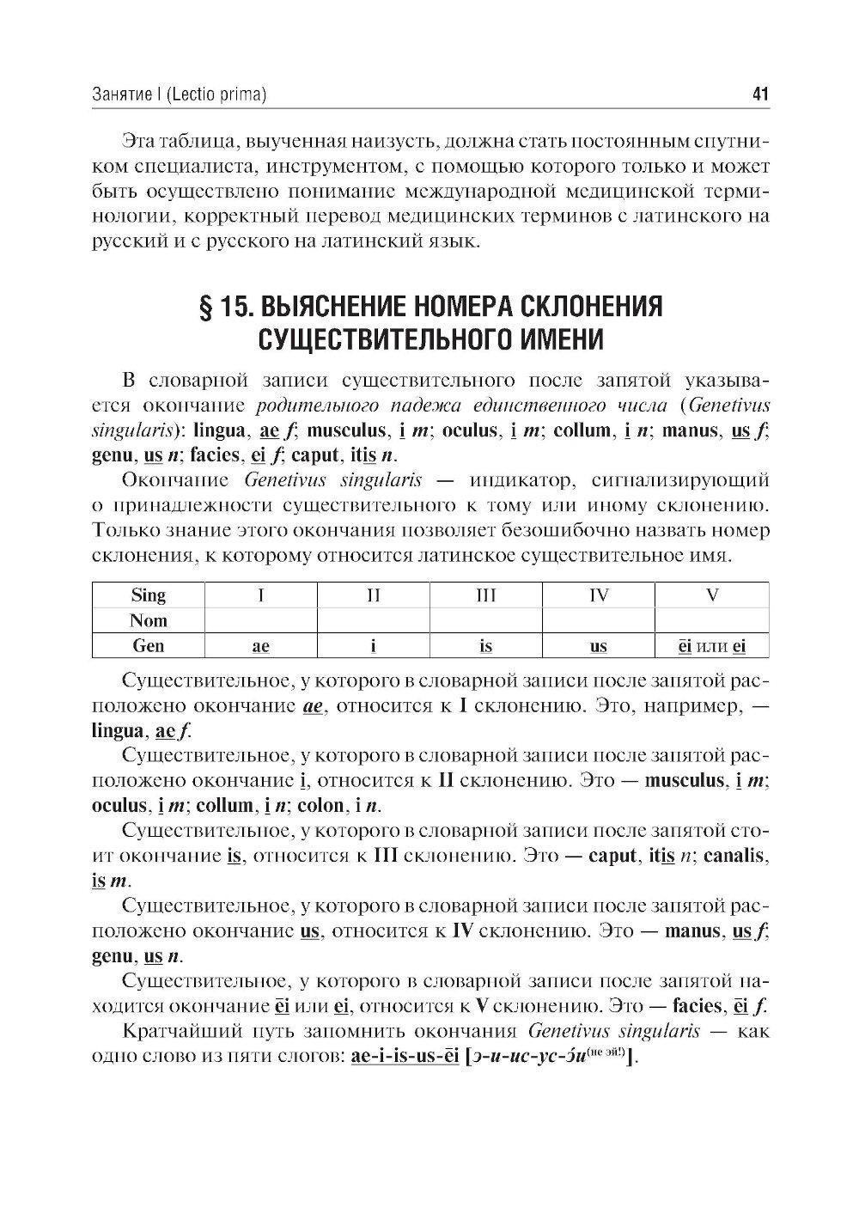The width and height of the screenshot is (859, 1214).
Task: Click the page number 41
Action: (759, 95)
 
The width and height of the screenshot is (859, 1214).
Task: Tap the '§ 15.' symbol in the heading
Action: (225, 307)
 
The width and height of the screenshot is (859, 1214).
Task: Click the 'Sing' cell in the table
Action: (148, 595)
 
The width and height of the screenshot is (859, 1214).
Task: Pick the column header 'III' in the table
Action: (486, 595)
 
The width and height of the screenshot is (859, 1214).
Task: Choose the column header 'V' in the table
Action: (711, 595)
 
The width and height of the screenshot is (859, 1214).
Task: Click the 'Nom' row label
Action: (148, 620)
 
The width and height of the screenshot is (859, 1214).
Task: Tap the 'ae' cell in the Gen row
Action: (260, 646)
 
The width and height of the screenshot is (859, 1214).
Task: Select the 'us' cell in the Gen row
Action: (599, 646)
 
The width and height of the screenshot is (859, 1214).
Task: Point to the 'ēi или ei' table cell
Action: (711, 646)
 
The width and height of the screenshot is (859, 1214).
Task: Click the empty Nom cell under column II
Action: (374, 620)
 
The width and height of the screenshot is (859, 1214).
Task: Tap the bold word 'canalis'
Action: (735, 856)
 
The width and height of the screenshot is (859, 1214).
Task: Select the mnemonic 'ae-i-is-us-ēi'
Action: (404, 1056)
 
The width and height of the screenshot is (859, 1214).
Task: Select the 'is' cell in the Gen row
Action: (486, 646)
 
